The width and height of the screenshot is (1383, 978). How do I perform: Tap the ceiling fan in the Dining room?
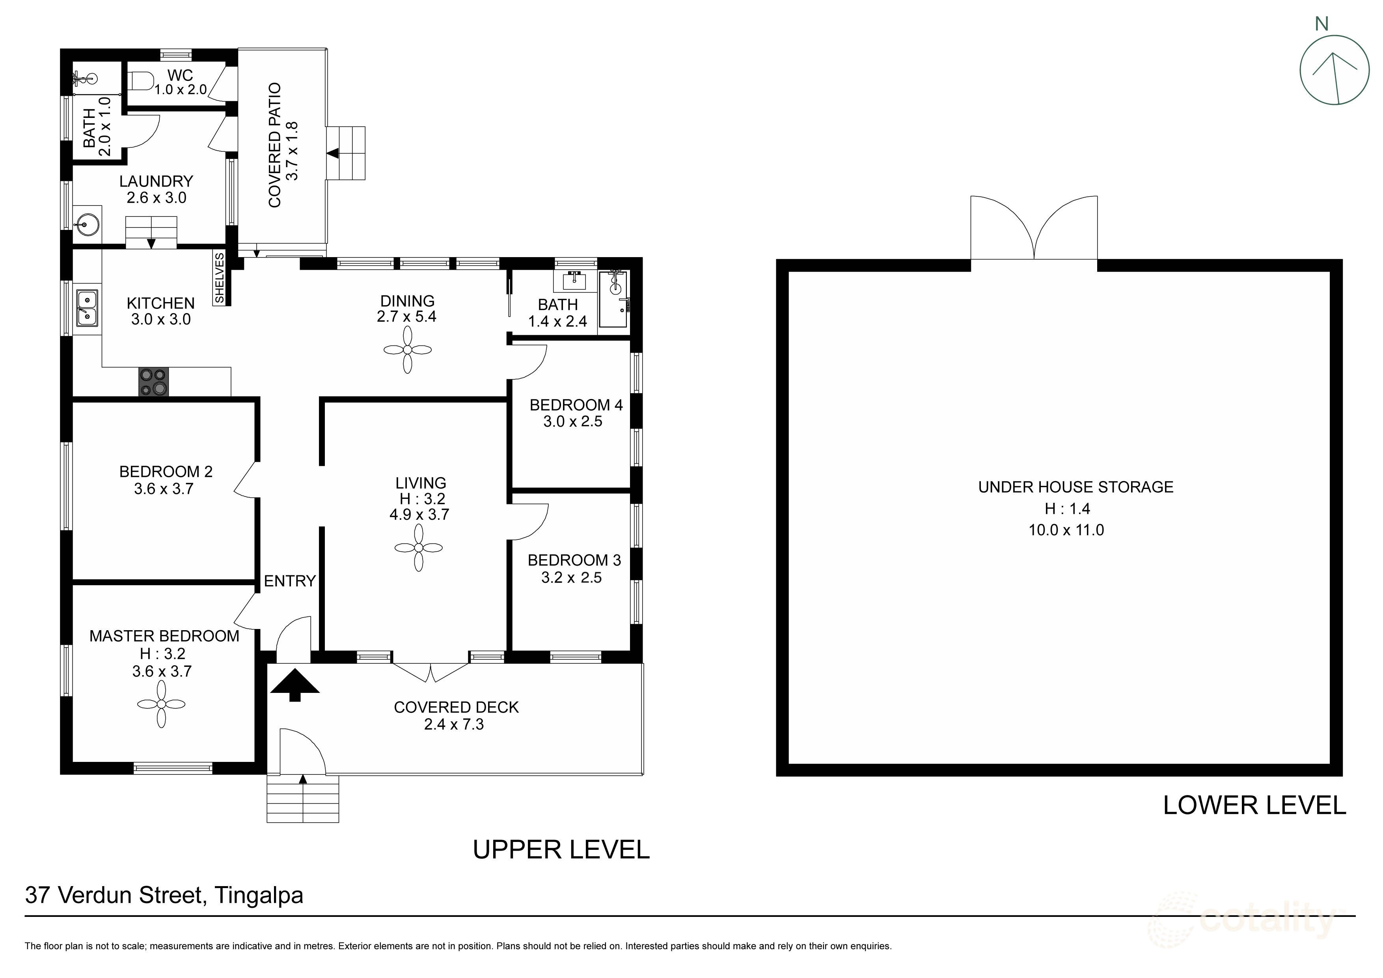(408, 349)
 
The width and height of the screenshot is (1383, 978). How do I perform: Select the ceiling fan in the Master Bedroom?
(161, 704)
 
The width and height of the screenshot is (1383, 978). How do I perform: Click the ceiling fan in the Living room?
(419, 548)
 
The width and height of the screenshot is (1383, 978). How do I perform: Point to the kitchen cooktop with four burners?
(154, 382)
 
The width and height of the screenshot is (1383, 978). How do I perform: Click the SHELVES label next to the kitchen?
(219, 278)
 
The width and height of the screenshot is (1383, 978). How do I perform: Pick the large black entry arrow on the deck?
(294, 685)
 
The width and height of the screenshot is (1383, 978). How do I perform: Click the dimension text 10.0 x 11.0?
(1066, 530)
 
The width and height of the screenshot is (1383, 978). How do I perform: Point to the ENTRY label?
(290, 581)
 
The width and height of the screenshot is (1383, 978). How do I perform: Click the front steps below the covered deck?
(303, 799)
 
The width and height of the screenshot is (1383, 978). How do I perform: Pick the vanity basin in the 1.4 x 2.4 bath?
(575, 280)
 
